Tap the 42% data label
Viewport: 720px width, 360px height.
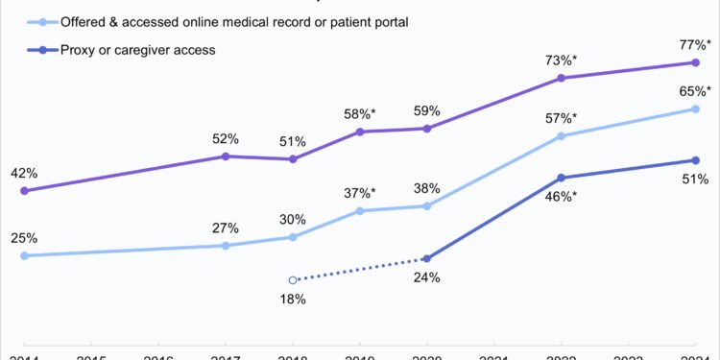pyautogui.click(x=24, y=173)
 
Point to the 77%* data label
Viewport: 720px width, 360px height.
pyautogui.click(x=696, y=43)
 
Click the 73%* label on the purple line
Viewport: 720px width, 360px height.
pyautogui.click(x=561, y=59)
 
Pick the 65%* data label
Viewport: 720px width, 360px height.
pyautogui.click(x=696, y=90)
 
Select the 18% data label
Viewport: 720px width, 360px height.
pyautogui.click(x=292, y=300)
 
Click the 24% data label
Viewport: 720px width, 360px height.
pyautogui.click(x=427, y=278)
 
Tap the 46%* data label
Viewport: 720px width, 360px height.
pyautogui.click(x=561, y=197)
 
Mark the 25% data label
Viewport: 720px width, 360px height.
pyautogui.click(x=24, y=238)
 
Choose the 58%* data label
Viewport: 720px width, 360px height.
pyautogui.click(x=360, y=114)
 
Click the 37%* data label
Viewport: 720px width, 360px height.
pyautogui.click(x=360, y=193)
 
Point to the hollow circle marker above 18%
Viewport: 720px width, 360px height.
pyautogui.click(x=293, y=280)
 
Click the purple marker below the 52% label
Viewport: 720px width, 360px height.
pyautogui.click(x=226, y=156)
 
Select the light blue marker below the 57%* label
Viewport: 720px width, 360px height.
pyautogui.click(x=561, y=136)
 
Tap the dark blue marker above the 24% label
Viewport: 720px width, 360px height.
pyautogui.click(x=427, y=259)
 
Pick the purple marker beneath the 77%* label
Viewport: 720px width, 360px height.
pyautogui.click(x=696, y=62)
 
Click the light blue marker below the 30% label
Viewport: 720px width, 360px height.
pyautogui.click(x=293, y=237)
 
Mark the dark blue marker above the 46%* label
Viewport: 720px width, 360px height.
pyautogui.click(x=561, y=178)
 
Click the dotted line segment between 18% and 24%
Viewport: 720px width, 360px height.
pyautogui.click(x=360, y=270)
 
